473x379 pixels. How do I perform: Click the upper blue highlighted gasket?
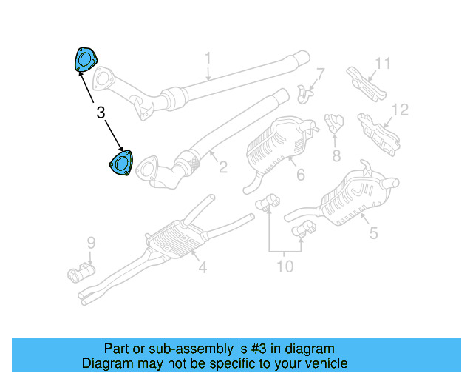pyautogui.click(x=85, y=59)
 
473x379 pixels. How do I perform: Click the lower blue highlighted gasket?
pyautogui.click(x=120, y=164)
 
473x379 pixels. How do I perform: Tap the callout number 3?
pyautogui.click(x=101, y=113)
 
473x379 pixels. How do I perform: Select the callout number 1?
pyautogui.click(x=208, y=58)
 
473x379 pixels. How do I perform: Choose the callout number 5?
pyautogui.click(x=373, y=233)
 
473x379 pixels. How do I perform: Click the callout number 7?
pyautogui.click(x=320, y=74)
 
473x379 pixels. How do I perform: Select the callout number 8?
pyautogui.click(x=336, y=155)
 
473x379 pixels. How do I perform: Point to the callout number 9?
pyautogui.click(x=91, y=242)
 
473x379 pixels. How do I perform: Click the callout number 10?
pyautogui.click(x=285, y=265)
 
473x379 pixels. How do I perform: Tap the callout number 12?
pyautogui.click(x=399, y=110)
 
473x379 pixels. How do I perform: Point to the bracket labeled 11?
pyautogui.click(x=366, y=82)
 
